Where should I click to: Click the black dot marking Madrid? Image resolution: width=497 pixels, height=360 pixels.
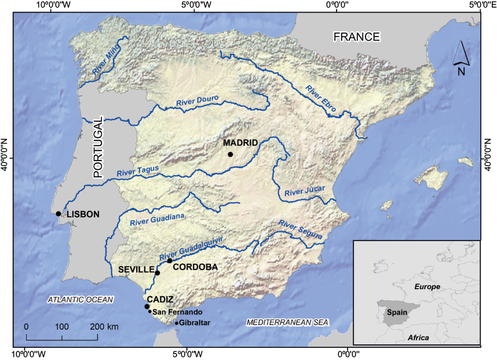point(230,154)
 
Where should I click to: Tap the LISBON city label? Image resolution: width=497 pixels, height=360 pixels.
point(83,214)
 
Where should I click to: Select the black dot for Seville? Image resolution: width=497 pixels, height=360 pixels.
point(157,272)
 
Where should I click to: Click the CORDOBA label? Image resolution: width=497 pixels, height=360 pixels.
point(195,267)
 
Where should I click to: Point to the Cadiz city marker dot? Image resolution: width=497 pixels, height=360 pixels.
point(147,307)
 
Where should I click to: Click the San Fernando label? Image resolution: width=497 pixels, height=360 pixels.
point(178,312)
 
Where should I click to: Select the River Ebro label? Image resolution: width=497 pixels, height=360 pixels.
point(321,98)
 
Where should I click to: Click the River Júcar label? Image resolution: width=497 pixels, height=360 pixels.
point(305,191)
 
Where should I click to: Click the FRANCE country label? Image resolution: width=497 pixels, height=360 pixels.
point(356,37)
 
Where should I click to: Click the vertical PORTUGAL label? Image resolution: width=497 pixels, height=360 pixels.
point(98,147)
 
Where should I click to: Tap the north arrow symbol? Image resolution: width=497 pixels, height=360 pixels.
point(461,55)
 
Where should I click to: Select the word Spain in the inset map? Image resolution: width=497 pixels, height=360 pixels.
point(397,311)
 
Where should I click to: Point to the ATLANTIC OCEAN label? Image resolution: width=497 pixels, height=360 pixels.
point(81,299)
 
